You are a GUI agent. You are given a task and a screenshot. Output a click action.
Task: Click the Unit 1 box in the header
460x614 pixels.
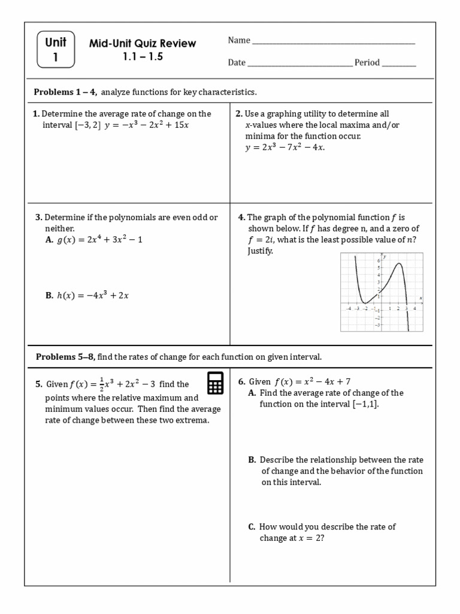coord(56,50)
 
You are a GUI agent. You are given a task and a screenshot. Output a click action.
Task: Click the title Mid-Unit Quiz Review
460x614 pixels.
coord(143,44)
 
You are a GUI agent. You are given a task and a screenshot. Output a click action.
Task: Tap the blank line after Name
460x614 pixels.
coord(333,43)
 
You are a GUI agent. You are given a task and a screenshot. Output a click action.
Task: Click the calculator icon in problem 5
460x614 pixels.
coord(216,383)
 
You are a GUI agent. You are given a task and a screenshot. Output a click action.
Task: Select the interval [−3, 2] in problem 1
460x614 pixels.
coord(87,125)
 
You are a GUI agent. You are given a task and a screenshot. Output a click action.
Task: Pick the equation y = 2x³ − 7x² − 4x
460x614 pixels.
coord(285,148)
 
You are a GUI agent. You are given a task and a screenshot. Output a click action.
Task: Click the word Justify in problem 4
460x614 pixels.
coord(261,251)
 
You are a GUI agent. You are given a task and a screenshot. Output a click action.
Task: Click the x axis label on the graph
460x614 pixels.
coord(421,298)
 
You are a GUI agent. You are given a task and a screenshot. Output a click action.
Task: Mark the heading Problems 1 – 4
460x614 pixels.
coord(65,92)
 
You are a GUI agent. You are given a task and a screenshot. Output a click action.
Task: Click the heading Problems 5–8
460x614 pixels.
coord(65,357)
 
